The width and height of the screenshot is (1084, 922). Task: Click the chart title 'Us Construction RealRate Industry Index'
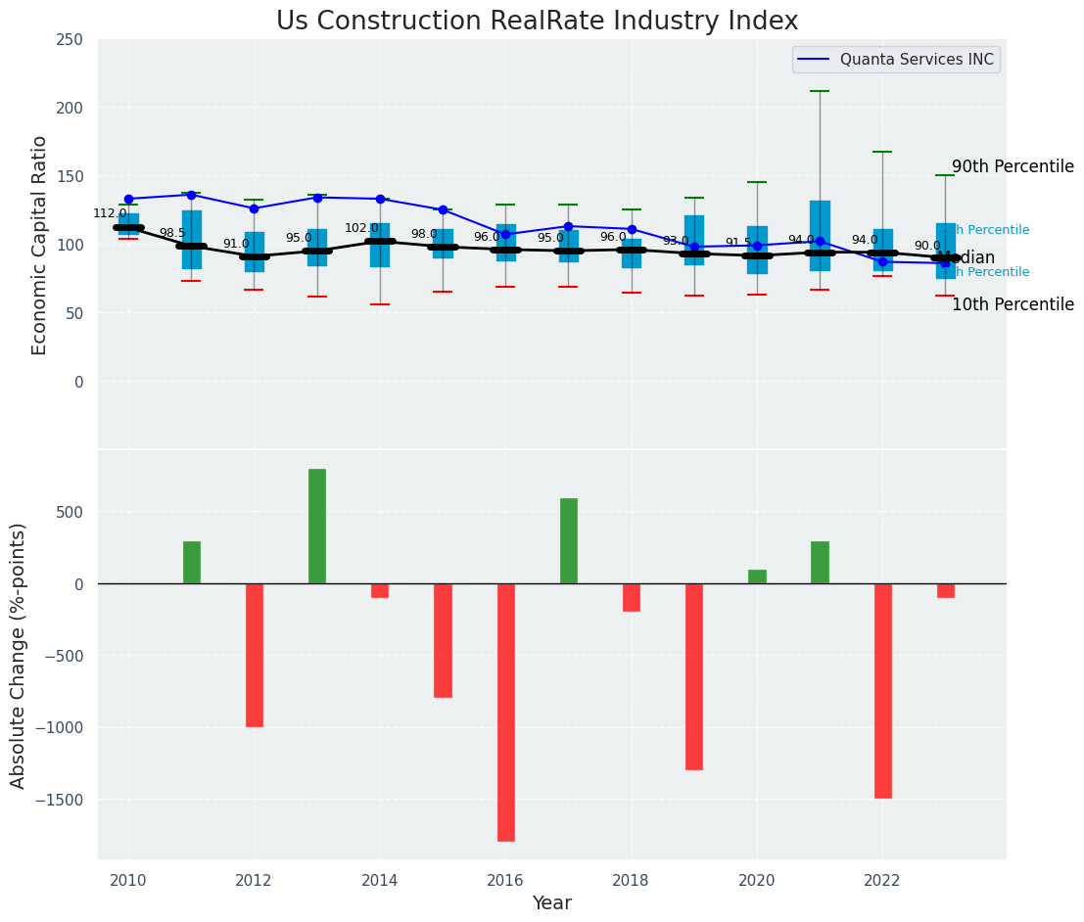click(x=537, y=22)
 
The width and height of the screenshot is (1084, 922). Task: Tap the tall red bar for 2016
click(x=505, y=712)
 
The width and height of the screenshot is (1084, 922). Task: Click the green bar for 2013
click(x=317, y=527)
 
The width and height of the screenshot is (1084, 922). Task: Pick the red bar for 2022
click(x=882, y=690)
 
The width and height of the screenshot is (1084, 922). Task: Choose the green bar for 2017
click(x=569, y=540)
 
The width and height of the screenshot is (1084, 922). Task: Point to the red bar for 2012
click(x=255, y=655)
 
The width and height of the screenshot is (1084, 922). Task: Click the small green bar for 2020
click(x=757, y=576)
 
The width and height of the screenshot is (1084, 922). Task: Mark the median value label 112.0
click(x=110, y=213)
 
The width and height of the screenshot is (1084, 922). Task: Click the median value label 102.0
click(x=360, y=228)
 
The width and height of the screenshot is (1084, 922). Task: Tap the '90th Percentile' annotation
click(x=1013, y=166)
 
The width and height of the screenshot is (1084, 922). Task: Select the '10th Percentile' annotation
click(x=1013, y=304)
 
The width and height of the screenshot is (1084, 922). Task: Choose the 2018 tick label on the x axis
click(x=631, y=881)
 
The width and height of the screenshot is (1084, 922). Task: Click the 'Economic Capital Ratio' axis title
click(x=39, y=246)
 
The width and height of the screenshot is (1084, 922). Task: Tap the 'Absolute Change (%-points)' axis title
click(x=18, y=655)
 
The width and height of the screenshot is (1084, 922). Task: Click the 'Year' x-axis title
click(x=552, y=903)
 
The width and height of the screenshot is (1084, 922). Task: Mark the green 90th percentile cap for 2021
click(x=820, y=91)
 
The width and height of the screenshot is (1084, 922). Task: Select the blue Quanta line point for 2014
click(x=380, y=199)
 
